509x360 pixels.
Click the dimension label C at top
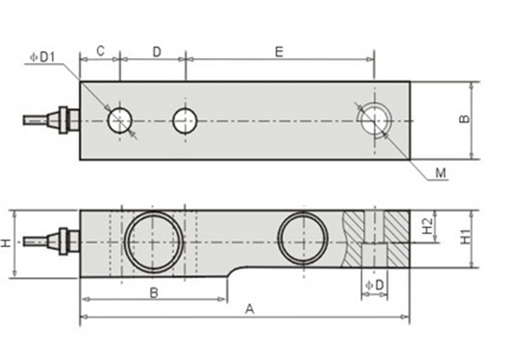pyautogui.click(x=100, y=51)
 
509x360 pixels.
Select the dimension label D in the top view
pyautogui.click(x=157, y=52)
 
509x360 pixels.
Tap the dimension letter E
pyautogui.click(x=279, y=52)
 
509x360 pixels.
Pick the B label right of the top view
pyautogui.click(x=463, y=119)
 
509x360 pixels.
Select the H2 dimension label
pyautogui.click(x=426, y=227)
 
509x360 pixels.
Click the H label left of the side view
pyautogui.click(x=6, y=243)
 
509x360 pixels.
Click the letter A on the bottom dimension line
pyautogui.click(x=250, y=309)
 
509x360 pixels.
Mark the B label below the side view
pyautogui.click(x=154, y=293)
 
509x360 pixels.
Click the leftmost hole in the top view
pyautogui.click(x=120, y=120)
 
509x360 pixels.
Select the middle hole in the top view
pyautogui.click(x=185, y=120)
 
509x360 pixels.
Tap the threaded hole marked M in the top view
pyautogui.click(x=374, y=120)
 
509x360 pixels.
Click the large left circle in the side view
pyautogui.click(x=153, y=242)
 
